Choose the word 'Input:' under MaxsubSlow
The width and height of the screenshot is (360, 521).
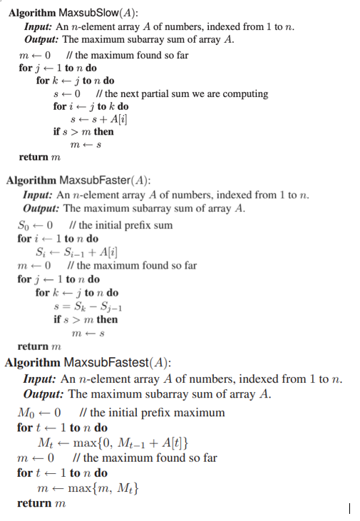(38, 26)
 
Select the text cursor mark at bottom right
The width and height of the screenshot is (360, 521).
(349, 508)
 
